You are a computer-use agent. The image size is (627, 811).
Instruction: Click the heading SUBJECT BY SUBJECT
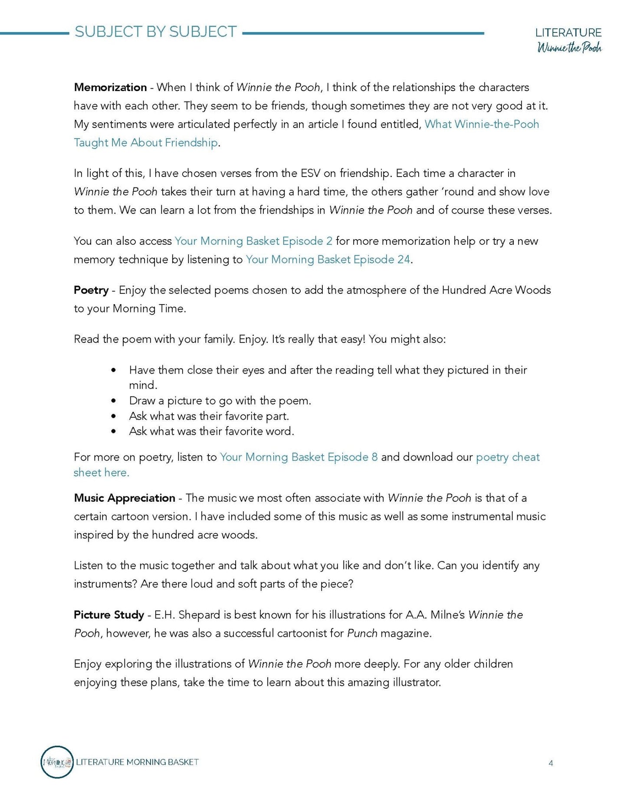[x=155, y=32]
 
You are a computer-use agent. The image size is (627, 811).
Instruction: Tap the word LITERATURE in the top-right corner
[x=568, y=33]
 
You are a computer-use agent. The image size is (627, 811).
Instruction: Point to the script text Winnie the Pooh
[x=569, y=48]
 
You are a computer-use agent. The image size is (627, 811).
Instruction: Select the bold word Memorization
[x=110, y=87]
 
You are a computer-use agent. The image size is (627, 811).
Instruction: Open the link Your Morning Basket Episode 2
[x=253, y=241]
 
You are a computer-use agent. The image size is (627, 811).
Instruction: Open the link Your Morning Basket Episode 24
[x=328, y=259]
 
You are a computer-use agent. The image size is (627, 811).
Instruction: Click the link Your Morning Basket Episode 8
[x=299, y=457]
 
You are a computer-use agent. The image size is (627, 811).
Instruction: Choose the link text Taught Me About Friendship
[x=146, y=142]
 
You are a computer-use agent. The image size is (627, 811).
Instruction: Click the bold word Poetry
[x=91, y=290]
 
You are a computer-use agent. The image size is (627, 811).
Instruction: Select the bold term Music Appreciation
[x=125, y=498]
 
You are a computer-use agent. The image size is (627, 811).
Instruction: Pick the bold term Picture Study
[x=109, y=614]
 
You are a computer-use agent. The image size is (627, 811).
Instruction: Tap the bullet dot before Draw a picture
[x=114, y=401]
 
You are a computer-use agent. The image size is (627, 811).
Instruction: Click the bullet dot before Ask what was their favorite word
[x=114, y=431]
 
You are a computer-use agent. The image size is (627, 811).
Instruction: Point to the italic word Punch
[x=362, y=633]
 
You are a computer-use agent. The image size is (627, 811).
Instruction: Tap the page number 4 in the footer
[x=551, y=763]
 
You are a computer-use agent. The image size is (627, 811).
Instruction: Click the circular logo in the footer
[x=57, y=762]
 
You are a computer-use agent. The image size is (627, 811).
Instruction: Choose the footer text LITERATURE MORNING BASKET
[x=137, y=762]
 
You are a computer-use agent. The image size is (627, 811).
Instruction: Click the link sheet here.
[x=102, y=473]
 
